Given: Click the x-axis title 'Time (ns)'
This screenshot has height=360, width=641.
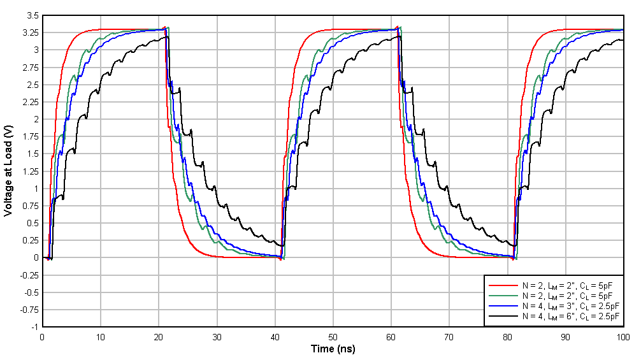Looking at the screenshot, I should (333, 349).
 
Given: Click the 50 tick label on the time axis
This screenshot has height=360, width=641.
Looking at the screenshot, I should (333, 336).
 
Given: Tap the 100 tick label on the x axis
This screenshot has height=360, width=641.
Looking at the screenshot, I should (623, 336).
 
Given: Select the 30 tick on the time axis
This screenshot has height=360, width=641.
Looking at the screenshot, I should (217, 336).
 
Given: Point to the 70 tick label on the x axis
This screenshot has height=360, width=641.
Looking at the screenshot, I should (449, 336).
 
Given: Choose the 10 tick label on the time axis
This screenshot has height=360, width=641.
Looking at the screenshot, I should (101, 336).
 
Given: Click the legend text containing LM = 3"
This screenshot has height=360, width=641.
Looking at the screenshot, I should (569, 306).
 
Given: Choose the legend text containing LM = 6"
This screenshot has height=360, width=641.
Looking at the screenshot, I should (569, 316).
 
